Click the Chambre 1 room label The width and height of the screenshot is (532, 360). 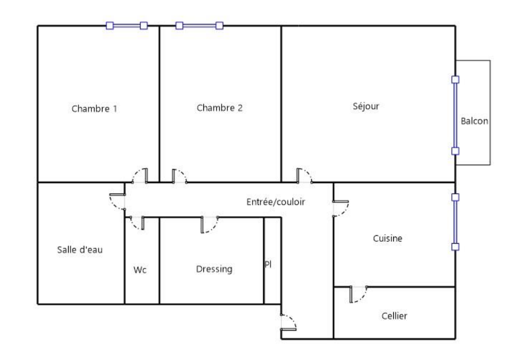coord(94,109)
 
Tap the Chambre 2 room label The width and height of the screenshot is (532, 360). coord(220,108)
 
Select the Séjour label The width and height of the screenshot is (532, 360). coord(366,106)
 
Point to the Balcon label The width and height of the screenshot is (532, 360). coord(475,121)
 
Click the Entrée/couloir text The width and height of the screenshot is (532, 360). coord(276,202)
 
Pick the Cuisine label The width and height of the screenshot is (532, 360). coord(387,238)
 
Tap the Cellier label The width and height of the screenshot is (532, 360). coord(394,316)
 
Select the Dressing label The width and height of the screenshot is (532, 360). coord(214,269)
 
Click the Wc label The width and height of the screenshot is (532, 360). coord(140,270)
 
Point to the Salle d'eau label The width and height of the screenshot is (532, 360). coord(80,250)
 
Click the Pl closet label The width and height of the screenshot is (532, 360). coord(268,264)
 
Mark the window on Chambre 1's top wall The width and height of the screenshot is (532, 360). coord(127,26)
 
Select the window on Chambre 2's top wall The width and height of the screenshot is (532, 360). coord(199,26)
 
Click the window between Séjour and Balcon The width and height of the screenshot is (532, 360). coord(455,115)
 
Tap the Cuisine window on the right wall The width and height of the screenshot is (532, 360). coord(455,222)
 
